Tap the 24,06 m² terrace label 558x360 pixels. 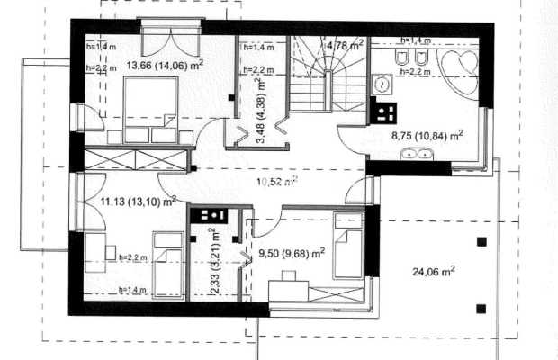tap(434, 272)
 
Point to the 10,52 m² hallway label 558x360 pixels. tap(277, 182)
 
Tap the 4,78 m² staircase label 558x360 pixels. tap(346, 45)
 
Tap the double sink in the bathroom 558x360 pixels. tap(417, 155)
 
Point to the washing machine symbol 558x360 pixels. tap(382, 85)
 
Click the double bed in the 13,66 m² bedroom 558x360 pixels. tap(151, 111)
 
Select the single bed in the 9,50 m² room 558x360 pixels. tap(347, 246)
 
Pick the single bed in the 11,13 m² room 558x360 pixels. tap(168, 265)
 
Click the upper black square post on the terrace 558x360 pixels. tap(481, 242)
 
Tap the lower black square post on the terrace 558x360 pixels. tap(481, 309)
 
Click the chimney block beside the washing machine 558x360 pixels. tap(383, 112)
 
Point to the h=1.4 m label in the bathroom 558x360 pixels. tap(416, 40)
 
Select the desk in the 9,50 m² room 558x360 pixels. tap(288, 291)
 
